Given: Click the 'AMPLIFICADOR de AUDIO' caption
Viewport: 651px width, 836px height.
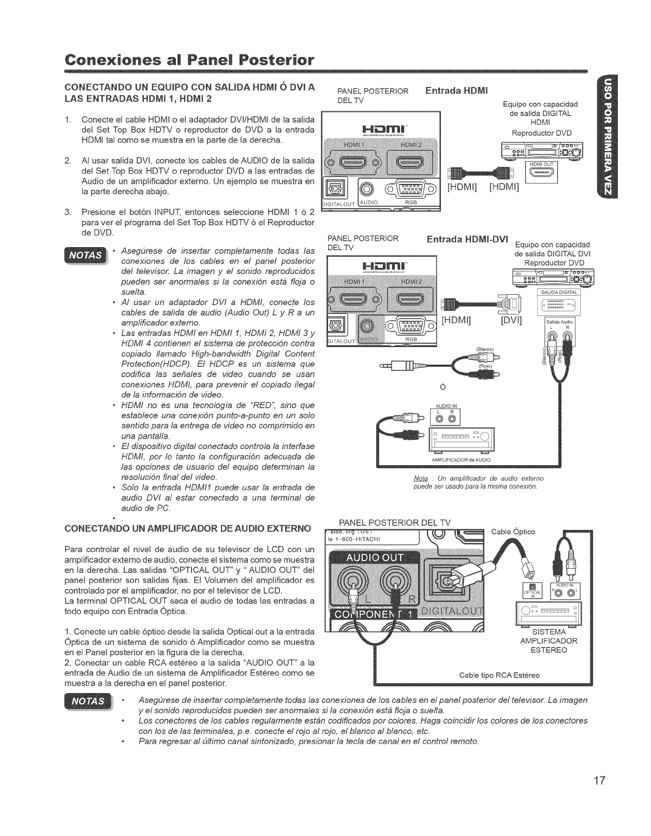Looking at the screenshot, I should point(461,459).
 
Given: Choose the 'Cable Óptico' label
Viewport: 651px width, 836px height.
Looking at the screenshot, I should point(512,532).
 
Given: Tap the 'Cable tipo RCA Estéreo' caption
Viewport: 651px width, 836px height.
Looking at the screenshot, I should point(499,675).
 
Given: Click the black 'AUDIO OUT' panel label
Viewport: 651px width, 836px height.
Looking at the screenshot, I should point(375,557).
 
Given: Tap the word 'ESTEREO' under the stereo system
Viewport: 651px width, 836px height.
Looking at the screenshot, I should point(548,650).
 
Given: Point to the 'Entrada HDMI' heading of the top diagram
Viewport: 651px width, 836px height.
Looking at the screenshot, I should point(456,91).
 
